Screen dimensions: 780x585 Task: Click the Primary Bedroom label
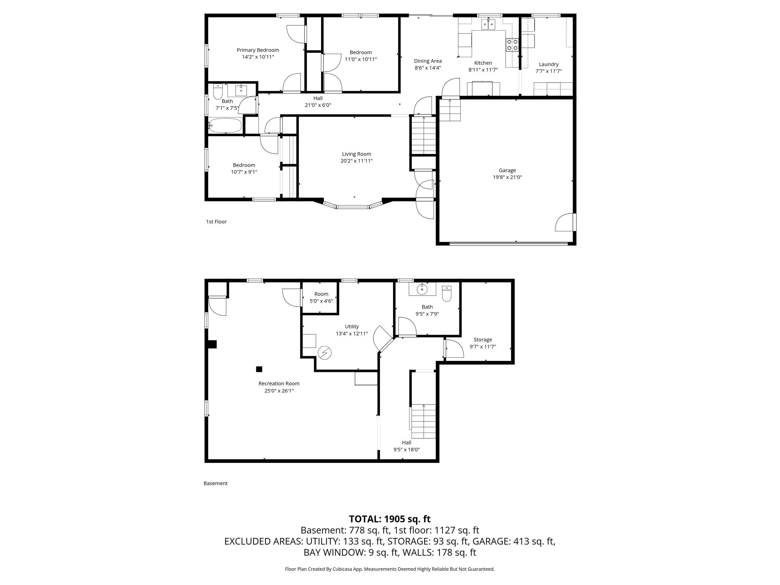258,50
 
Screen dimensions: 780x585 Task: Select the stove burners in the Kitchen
512,45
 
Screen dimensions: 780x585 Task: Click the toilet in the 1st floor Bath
218,92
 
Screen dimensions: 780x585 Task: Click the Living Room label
356,154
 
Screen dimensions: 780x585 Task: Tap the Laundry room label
549,64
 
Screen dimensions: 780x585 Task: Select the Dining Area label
428,61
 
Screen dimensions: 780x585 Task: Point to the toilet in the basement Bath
446,294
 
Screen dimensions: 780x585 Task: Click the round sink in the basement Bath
422,289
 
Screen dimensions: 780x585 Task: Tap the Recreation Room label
279,384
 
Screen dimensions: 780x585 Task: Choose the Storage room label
483,340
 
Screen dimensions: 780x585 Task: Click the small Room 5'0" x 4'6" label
321,294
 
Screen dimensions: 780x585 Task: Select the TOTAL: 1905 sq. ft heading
390,519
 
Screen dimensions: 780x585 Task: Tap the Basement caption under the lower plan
216,483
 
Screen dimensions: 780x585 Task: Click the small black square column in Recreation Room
259,369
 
